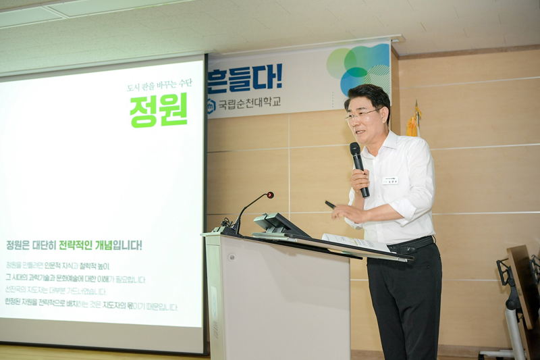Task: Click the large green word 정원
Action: pyautogui.click(x=159, y=110)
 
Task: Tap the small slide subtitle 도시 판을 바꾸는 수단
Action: pyautogui.click(x=159, y=85)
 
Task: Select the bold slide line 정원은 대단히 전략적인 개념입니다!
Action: pyautogui.click(x=74, y=245)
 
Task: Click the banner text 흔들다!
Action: pyautogui.click(x=245, y=78)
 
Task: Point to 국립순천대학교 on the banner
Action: pyautogui.click(x=249, y=104)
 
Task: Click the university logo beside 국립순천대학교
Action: pyautogui.click(x=211, y=105)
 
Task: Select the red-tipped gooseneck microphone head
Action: pyautogui.click(x=269, y=195)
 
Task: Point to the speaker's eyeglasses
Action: pyautogui.click(x=362, y=116)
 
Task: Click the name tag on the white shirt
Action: pyautogui.click(x=390, y=180)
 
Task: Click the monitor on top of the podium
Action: pyautogui.click(x=276, y=224)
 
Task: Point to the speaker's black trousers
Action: pyautogui.click(x=405, y=297)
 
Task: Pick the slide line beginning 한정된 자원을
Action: pyautogui.click(x=91, y=307)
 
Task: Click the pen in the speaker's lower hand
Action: pyautogui.click(x=331, y=205)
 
